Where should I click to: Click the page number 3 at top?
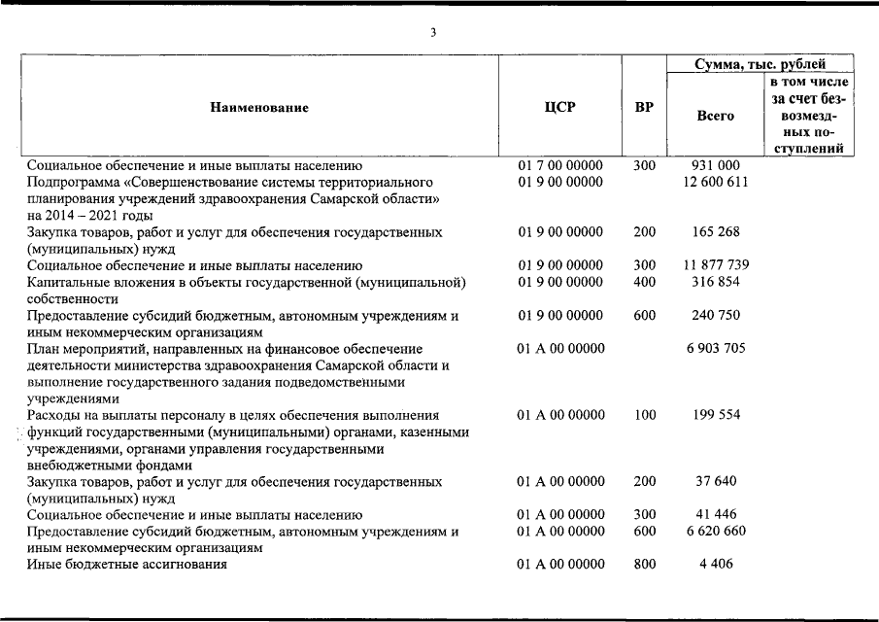(x=434, y=33)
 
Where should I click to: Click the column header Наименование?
(x=259, y=107)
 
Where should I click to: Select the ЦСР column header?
(x=559, y=107)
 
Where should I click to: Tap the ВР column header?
(x=644, y=107)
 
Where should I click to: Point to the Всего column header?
(x=716, y=116)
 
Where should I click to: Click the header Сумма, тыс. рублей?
(x=761, y=64)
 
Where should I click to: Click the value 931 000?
(x=717, y=166)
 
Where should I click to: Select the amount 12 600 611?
(x=717, y=182)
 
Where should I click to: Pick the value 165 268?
(x=717, y=232)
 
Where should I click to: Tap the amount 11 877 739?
(x=717, y=265)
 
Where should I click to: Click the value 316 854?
(x=717, y=282)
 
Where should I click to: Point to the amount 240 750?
(x=717, y=315)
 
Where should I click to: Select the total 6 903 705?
(x=717, y=348)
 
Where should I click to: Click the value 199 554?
(x=717, y=415)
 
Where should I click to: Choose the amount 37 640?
(x=717, y=481)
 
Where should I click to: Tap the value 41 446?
(x=717, y=514)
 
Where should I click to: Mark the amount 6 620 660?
(x=717, y=531)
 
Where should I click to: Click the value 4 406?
(x=717, y=564)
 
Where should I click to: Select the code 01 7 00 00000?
(x=560, y=166)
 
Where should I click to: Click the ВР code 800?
(x=644, y=564)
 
